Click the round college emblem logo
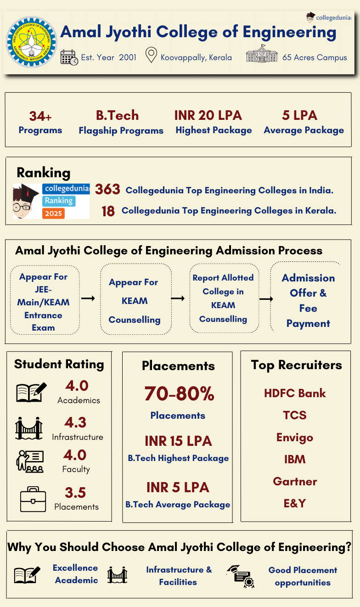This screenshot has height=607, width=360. [32, 42]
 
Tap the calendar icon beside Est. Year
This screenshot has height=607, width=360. [69, 57]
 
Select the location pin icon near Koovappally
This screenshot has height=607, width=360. [151, 56]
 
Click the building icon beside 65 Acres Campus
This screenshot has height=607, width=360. [262, 55]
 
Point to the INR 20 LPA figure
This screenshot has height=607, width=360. [208, 115]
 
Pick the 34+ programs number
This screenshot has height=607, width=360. [40, 116]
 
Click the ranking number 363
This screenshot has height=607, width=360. [107, 189]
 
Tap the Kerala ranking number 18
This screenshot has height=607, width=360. [108, 211]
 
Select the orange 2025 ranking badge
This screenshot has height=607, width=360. [54, 214]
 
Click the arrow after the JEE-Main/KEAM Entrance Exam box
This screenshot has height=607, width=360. [88, 298]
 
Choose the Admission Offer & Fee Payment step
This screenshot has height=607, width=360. [308, 300]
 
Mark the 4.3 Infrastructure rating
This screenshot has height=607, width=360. [75, 422]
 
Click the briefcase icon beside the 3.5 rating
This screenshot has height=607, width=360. [33, 499]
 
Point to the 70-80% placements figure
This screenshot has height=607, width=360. [179, 393]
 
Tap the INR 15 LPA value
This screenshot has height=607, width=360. [178, 441]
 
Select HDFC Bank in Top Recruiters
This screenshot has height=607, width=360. [295, 393]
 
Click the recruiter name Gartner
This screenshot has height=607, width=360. [295, 481]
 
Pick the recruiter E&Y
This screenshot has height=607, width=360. [295, 503]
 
